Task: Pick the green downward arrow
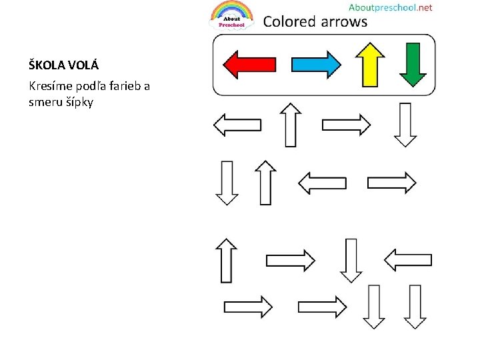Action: pos(413,64)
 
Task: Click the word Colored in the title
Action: pos(289,21)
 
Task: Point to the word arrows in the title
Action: pos(344,21)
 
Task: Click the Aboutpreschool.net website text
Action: pos(390,7)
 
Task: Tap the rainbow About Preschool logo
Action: pos(231,15)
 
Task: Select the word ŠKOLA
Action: pos(47,65)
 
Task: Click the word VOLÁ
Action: pos(84,65)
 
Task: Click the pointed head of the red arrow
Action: pos(229,65)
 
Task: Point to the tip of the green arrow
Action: pos(413,83)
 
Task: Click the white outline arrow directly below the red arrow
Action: pos(237,125)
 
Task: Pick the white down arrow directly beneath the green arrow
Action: pos(405,125)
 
